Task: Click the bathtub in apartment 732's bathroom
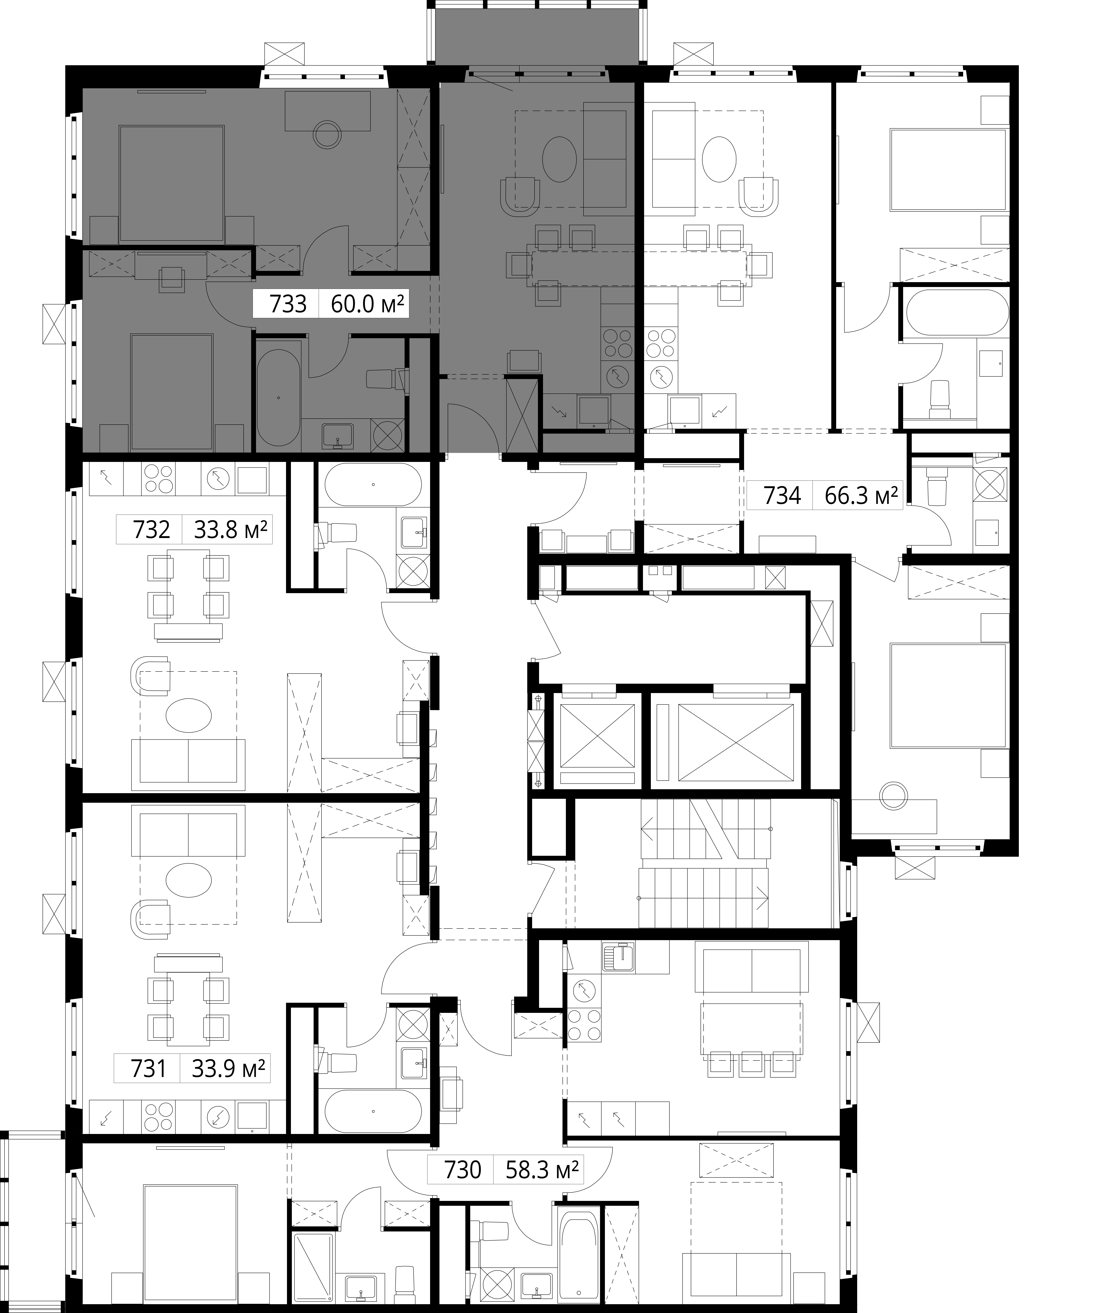(373, 485)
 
